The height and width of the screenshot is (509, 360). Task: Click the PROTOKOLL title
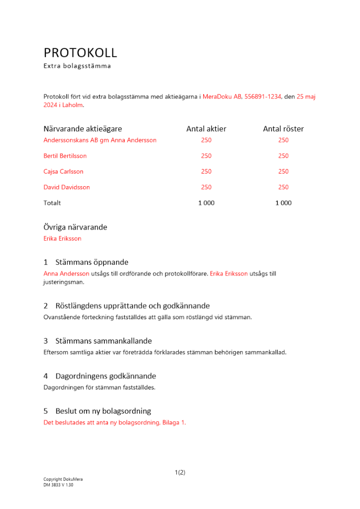[x=80, y=52]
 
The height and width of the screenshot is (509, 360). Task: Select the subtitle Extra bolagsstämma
[x=77, y=66]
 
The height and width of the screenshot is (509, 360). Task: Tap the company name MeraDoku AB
[x=222, y=96]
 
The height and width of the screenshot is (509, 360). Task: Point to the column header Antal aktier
[x=206, y=129]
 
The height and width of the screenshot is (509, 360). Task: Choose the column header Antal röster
[x=283, y=129]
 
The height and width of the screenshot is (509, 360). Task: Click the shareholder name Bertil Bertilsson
[x=65, y=156]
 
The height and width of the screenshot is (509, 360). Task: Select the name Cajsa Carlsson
[x=64, y=172]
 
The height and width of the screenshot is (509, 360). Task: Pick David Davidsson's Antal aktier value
[x=206, y=187]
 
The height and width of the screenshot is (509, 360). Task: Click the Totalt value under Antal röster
[x=283, y=203]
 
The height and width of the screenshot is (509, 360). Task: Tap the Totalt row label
[x=52, y=203]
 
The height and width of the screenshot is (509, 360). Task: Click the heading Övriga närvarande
[x=75, y=227]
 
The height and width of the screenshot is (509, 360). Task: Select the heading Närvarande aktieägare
[x=82, y=129]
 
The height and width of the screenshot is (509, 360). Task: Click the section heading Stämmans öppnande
[x=92, y=262]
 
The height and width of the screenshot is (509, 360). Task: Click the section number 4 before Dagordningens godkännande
[x=46, y=376]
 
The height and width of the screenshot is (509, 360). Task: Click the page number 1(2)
[x=180, y=472]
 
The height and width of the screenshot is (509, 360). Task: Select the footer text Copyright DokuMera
[x=63, y=479]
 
